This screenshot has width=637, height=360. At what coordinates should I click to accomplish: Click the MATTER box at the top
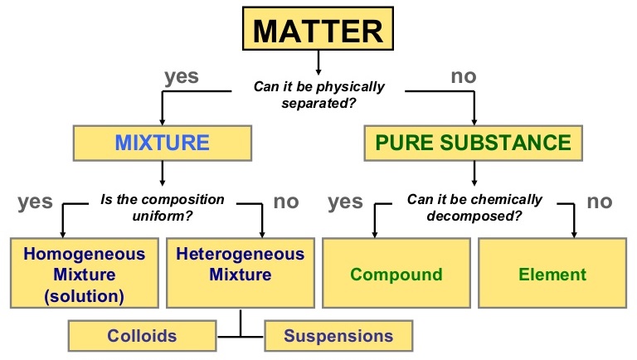coord(318,31)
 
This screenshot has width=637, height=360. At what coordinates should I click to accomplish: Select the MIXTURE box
coord(162,142)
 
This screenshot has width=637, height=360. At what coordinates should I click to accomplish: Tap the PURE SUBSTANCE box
coord(473,142)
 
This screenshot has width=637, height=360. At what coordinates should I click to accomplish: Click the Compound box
coord(396,274)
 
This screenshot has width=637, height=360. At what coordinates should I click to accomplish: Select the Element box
coord(553,274)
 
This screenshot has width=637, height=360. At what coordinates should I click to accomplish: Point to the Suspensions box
coord(338,336)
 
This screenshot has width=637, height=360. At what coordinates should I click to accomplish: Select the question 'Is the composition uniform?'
coord(163,207)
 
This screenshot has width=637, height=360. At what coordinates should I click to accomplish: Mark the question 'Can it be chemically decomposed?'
coord(474,207)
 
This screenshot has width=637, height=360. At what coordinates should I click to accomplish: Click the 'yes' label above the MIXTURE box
coord(182,77)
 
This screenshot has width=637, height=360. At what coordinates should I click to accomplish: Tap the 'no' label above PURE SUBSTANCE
coord(463,77)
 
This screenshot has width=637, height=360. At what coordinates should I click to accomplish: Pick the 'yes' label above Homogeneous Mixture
coord(34,202)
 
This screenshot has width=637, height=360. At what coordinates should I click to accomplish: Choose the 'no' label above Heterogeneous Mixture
coord(286,202)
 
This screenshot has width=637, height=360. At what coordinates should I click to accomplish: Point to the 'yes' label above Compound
coord(346,202)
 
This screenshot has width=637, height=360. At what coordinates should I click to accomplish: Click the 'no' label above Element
coord(599,202)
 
